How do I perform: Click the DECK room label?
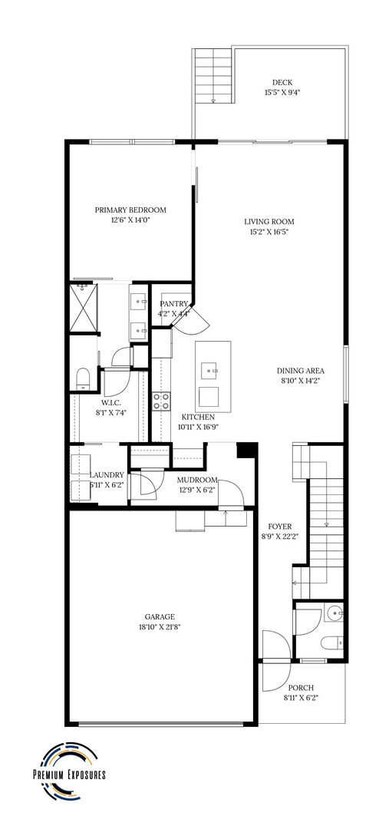282,82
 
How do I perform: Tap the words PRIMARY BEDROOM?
130,210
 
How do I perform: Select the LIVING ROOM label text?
269,222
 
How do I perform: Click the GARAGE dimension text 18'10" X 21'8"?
160,627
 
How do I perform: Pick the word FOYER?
280,527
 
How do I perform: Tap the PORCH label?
301,688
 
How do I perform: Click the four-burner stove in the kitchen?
162,401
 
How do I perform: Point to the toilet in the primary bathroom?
84,378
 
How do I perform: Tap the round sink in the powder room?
334,614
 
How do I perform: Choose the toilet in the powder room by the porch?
331,642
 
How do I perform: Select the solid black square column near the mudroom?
246,451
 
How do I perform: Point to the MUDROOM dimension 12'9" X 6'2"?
197,488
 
